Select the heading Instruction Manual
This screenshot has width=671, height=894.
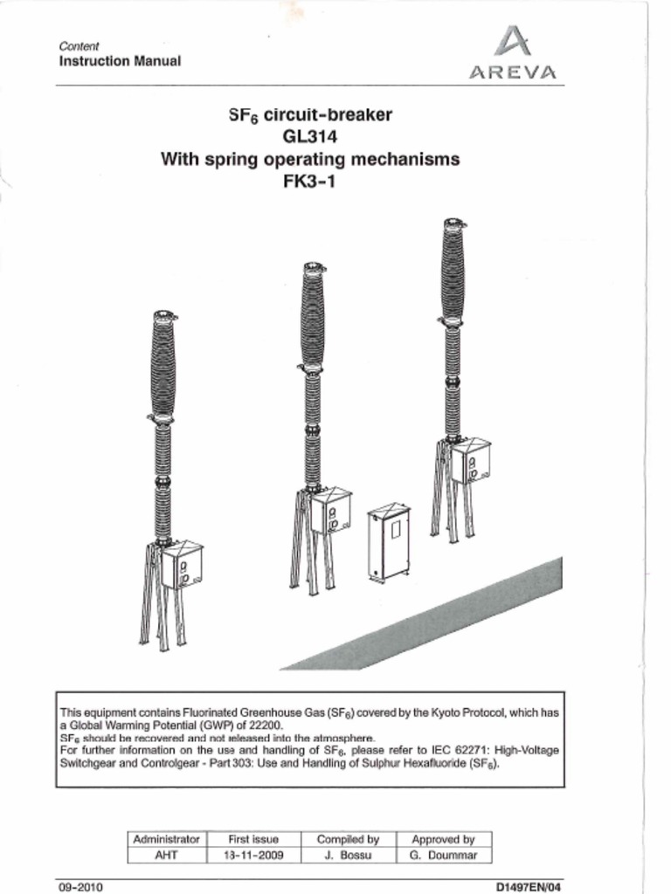(x=120, y=61)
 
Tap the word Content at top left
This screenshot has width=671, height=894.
(x=79, y=45)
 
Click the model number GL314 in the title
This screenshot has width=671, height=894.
(x=309, y=137)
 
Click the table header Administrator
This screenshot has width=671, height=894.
(x=166, y=839)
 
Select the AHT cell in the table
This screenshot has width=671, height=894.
(x=166, y=856)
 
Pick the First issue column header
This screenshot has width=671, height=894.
(x=252, y=839)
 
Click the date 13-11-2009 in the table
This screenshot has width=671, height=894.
(x=252, y=856)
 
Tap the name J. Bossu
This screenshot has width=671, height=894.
(x=348, y=856)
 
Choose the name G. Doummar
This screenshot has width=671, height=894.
(x=443, y=856)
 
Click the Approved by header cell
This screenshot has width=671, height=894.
(x=443, y=839)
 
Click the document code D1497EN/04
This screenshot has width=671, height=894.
(x=529, y=887)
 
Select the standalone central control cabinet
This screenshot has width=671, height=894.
(x=389, y=541)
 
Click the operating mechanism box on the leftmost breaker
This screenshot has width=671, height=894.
(x=183, y=566)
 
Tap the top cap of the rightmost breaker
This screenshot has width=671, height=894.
(x=453, y=223)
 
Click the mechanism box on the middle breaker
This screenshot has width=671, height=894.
(x=331, y=511)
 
